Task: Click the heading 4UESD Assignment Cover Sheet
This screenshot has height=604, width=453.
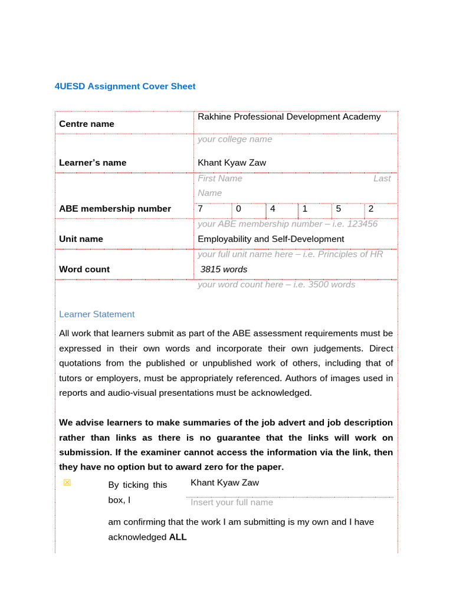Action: tap(124, 86)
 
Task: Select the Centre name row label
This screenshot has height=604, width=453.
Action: tap(87, 124)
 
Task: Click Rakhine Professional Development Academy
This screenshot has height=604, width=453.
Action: tap(289, 117)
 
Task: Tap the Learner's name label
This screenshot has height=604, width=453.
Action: tap(93, 163)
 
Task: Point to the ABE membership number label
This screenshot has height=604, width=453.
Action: tap(115, 209)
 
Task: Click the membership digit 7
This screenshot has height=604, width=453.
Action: tap(201, 209)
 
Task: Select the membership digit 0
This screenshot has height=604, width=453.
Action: tap(238, 209)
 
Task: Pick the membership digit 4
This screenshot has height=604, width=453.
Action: tap(273, 209)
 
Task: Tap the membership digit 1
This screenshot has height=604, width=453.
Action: tap(305, 209)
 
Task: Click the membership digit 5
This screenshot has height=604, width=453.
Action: tap(339, 209)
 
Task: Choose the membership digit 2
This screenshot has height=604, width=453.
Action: tap(371, 209)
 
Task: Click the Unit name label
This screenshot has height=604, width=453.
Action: tap(81, 239)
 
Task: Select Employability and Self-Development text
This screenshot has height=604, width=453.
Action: tap(271, 239)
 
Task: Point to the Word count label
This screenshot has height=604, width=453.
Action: tap(84, 270)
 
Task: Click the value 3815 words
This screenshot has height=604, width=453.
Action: tap(224, 270)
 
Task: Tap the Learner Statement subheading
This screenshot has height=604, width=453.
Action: tap(97, 314)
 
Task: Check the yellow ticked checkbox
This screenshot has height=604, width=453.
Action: tap(67, 482)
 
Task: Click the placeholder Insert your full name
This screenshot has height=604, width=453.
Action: tap(232, 503)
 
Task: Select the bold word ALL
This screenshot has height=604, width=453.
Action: tap(178, 537)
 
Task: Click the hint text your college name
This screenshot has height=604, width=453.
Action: tap(235, 139)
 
